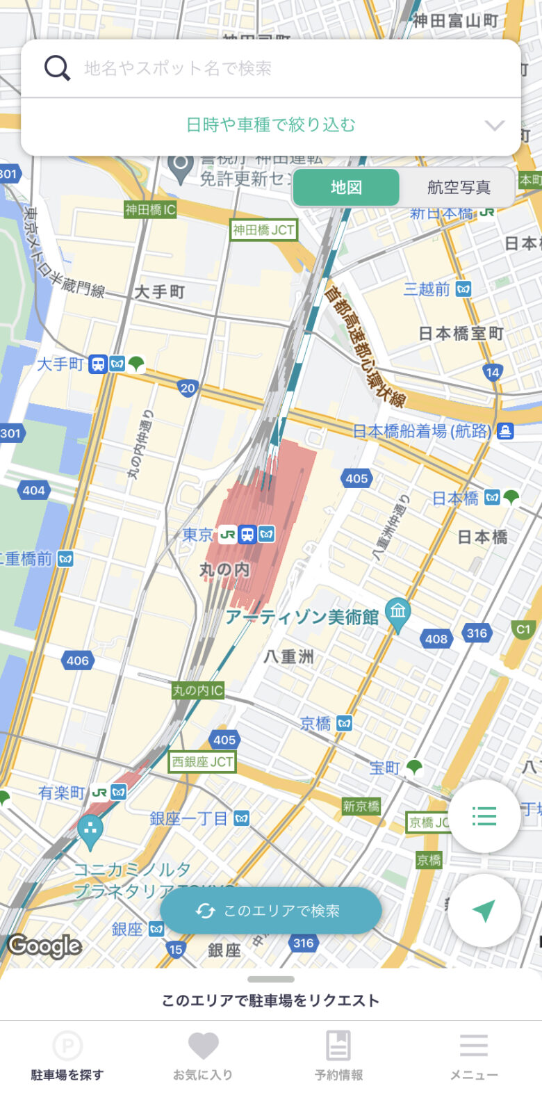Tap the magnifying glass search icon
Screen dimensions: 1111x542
point(57,68)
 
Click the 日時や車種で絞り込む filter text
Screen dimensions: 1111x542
point(270,125)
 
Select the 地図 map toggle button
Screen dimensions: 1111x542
point(346,187)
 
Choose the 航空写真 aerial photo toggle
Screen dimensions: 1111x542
point(459,187)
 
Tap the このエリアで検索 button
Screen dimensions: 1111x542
point(271,911)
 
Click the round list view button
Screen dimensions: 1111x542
point(484,816)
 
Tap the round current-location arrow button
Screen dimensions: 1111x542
point(484,911)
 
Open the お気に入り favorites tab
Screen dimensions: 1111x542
point(203,1055)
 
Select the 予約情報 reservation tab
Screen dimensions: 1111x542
point(338,1055)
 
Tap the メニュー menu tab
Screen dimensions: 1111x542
point(474,1055)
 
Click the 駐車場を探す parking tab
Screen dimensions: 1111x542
point(67,1055)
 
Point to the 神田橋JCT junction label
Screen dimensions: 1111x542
point(264,230)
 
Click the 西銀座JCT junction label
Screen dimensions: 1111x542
point(203,762)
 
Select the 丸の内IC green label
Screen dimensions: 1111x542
point(198,690)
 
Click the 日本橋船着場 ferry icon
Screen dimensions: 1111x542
point(505,431)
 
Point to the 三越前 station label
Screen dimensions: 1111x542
point(427,289)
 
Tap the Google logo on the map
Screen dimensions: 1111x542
point(44,946)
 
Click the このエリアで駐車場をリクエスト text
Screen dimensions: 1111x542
point(270,1000)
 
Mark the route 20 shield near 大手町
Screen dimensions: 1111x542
point(188,388)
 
